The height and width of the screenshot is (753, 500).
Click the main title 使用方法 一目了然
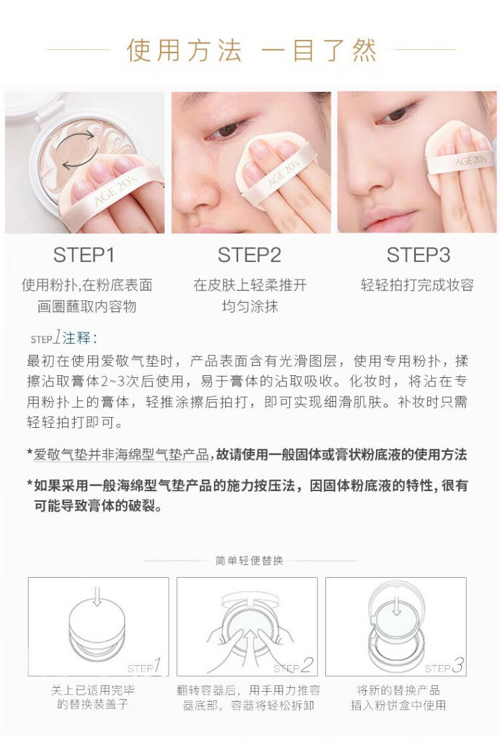click(x=251, y=51)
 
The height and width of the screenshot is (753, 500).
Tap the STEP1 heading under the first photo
click(x=84, y=255)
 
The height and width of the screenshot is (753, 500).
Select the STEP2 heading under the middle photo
click(x=249, y=255)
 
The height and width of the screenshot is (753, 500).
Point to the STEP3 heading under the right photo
click(x=419, y=255)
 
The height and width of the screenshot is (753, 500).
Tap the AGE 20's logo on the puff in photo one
click(x=116, y=190)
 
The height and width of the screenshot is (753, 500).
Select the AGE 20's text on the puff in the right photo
click(x=471, y=160)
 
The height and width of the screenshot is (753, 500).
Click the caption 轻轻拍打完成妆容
click(x=417, y=285)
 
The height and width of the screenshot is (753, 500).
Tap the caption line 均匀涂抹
click(x=250, y=307)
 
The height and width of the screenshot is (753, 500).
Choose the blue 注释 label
click(x=77, y=338)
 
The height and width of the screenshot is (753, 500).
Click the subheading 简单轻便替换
click(x=249, y=560)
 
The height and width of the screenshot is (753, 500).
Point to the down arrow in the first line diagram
click(x=97, y=596)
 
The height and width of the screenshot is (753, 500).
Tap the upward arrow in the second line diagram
click(x=249, y=644)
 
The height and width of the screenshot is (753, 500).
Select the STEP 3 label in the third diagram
click(x=444, y=666)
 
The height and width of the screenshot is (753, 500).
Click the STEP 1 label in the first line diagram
click(x=144, y=666)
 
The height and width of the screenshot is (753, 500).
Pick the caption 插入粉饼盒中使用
click(x=398, y=705)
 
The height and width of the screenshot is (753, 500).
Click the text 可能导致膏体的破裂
click(x=98, y=506)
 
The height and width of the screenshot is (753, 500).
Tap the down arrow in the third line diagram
click(x=396, y=605)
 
